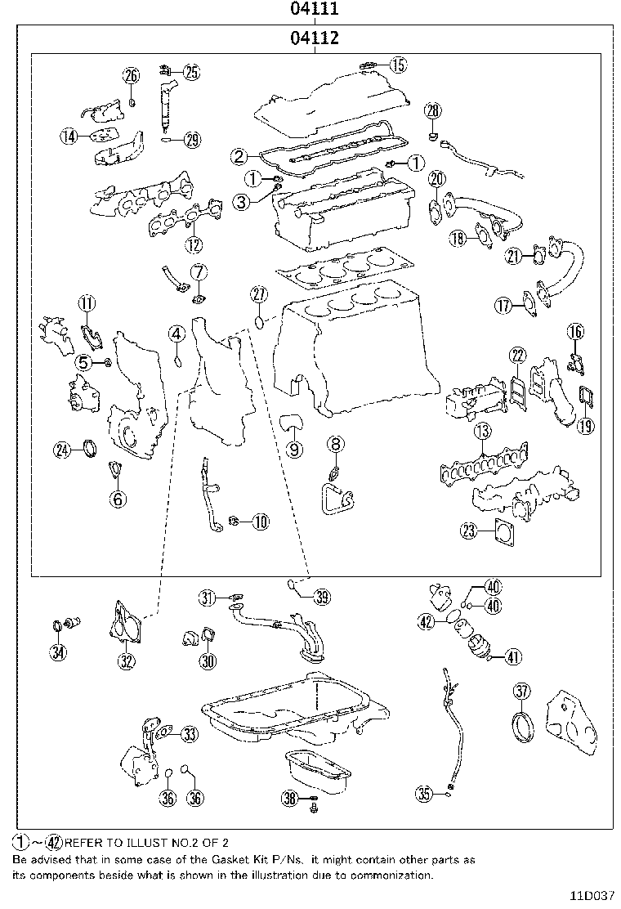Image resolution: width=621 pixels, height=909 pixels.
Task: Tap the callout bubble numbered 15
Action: point(397,65)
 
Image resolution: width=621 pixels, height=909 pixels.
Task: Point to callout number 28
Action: point(432,110)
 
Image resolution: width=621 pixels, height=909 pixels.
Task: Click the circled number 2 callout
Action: point(238,156)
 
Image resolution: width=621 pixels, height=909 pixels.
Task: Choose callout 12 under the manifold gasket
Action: point(193,244)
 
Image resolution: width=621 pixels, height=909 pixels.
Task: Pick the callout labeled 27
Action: point(259,294)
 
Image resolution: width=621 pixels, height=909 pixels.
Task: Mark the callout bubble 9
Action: point(293,448)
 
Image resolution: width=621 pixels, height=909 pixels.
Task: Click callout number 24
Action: point(63,448)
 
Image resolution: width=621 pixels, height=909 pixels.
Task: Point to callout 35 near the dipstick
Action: point(423,792)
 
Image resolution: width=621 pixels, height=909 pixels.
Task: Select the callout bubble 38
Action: point(288,799)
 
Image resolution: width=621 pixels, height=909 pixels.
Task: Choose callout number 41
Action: point(513,656)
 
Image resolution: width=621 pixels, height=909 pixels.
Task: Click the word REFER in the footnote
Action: point(81,841)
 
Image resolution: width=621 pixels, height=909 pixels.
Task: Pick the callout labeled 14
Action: point(69,137)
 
